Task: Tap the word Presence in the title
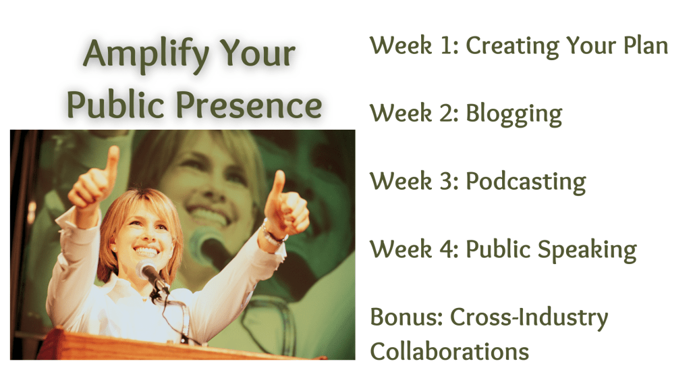pos(249,105)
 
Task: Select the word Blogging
pos(514,114)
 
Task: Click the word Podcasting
pos(526,182)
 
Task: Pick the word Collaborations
pos(449,351)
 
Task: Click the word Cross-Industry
pos(529,318)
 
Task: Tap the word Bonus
pos(406,317)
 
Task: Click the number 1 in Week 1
pos(448,45)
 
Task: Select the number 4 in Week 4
pos(447,249)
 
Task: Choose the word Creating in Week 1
pos(513,47)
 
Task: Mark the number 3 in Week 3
pos(447,181)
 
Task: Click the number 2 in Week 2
pos(447,113)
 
